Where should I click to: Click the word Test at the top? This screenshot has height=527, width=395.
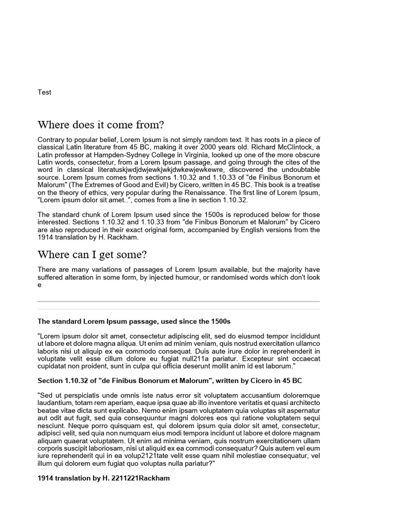[44, 93]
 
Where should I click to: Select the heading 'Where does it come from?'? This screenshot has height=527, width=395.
[101, 125]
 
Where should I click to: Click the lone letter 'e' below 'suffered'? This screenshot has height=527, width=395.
[40, 285]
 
